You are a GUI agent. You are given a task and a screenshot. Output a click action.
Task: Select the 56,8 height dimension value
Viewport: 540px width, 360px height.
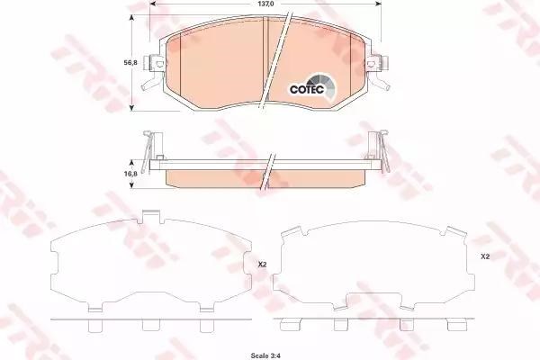click(130, 63)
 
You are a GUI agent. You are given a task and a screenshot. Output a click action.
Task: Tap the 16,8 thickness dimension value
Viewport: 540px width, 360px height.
click(130, 174)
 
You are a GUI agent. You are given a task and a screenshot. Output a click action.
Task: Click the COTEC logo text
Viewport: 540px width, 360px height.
click(307, 89)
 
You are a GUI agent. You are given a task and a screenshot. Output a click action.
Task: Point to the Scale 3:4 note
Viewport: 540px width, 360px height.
click(265, 355)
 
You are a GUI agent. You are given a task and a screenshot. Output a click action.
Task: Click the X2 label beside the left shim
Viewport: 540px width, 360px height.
click(263, 265)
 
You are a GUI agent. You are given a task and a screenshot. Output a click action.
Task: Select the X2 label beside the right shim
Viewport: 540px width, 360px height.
click(485, 256)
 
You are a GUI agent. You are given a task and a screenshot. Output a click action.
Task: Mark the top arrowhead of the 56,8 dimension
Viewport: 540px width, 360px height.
click(131, 18)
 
